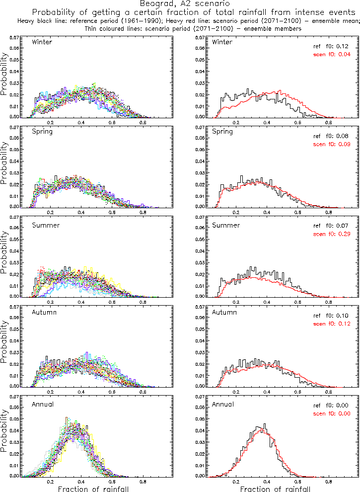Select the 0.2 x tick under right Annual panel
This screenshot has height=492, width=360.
[236, 482]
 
